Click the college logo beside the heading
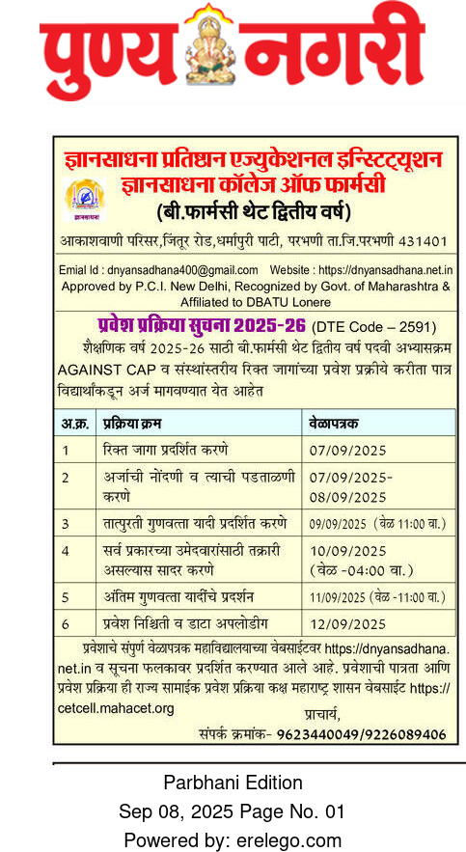click(x=80, y=198)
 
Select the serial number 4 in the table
click(x=66, y=551)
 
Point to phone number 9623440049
click(x=321, y=735)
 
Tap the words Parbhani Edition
click(x=233, y=782)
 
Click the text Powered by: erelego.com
click(x=233, y=839)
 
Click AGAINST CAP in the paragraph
click(x=101, y=370)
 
